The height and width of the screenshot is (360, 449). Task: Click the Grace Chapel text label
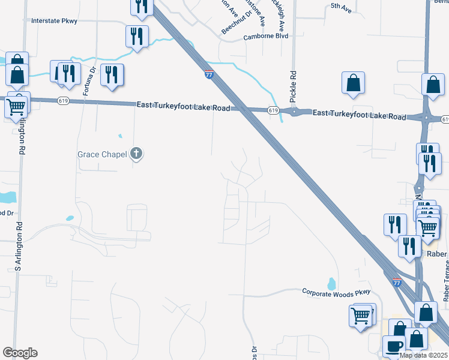[102, 154]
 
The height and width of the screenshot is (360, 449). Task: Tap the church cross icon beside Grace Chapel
[137, 154]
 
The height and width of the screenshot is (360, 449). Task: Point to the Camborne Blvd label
[266, 36]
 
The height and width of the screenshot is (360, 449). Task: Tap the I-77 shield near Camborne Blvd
[208, 74]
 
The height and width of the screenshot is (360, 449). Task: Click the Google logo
[20, 353]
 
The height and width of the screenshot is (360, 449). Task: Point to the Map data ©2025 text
[423, 355]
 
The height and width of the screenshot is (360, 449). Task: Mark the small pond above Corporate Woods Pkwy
[331, 283]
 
